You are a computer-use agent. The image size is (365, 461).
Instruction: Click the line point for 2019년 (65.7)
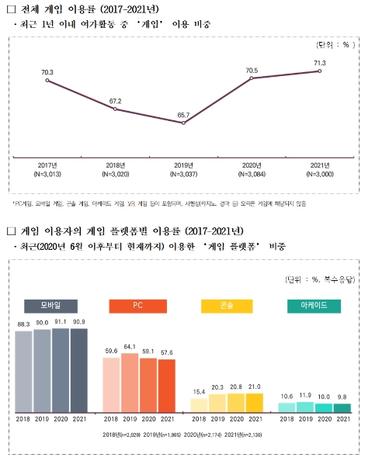pyautogui.click(x=183, y=123)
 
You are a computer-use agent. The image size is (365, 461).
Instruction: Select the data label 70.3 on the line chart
pyautogui.click(x=47, y=72)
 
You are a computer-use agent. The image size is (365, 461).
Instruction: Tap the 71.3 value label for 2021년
pyautogui.click(x=319, y=61)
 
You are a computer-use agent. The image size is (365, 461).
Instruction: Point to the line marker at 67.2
pyautogui.click(x=115, y=109)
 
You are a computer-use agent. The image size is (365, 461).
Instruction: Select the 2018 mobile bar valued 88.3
pyautogui.click(x=23, y=371)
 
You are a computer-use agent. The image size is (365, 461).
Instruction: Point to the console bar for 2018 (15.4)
pyautogui.click(x=199, y=404)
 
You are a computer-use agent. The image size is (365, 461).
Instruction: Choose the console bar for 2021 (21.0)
pyautogui.click(x=254, y=402)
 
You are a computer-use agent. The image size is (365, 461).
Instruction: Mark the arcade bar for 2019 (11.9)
pyautogui.click(x=305, y=407)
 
